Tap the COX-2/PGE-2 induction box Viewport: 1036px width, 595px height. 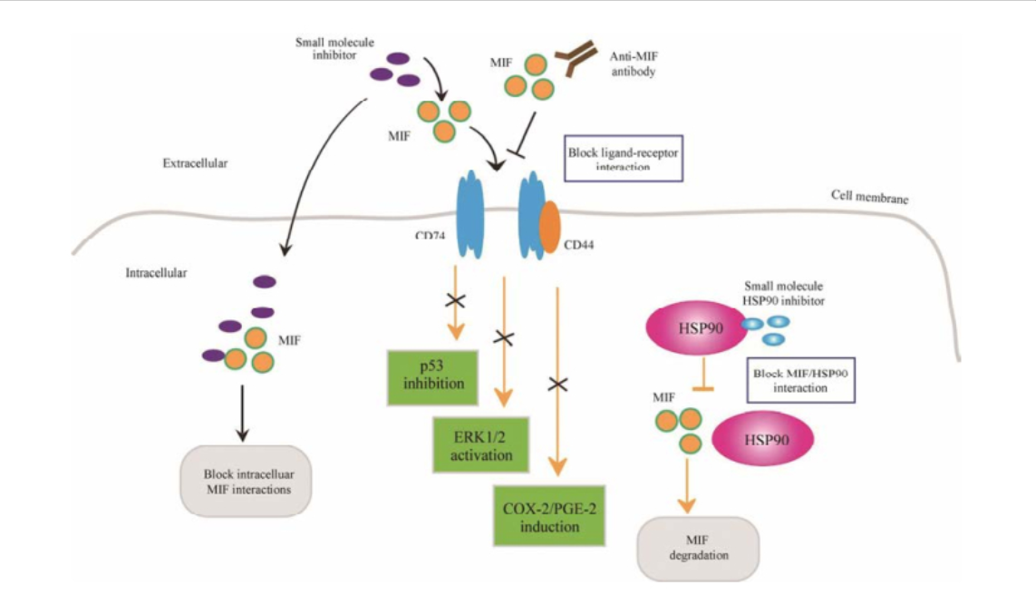549,515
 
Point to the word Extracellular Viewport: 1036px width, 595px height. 195,164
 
